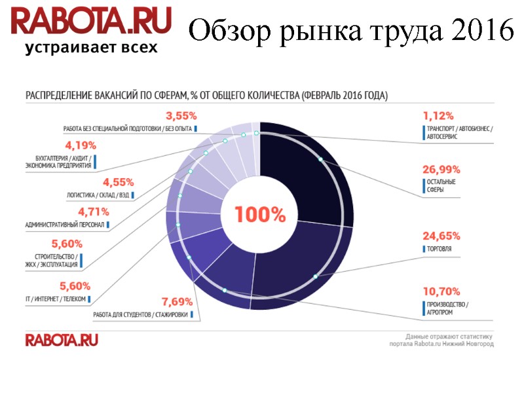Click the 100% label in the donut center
[x=261, y=215]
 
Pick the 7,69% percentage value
[x=177, y=302]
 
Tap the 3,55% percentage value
[x=181, y=116]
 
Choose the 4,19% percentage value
[x=81, y=145]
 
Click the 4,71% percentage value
[x=93, y=212]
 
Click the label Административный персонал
[x=65, y=225]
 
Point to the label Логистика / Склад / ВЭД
[x=98, y=195]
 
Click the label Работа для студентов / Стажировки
[x=140, y=314]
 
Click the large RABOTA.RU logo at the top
[x=91, y=22]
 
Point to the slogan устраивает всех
[x=91, y=48]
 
